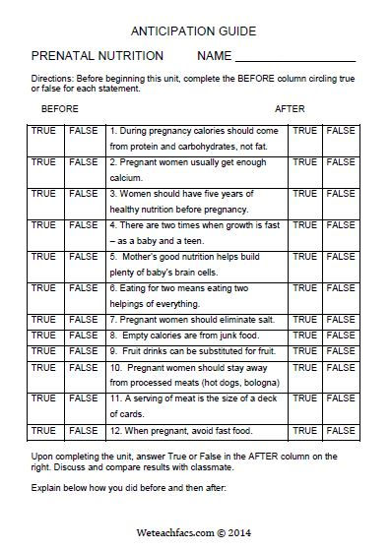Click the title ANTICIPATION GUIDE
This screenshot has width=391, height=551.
[195, 30]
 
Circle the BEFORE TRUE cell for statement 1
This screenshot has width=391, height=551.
[44, 131]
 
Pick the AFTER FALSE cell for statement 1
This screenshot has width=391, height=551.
[340, 131]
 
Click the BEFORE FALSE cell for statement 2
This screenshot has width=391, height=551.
[83, 162]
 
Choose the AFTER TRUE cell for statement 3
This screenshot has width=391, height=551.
[304, 194]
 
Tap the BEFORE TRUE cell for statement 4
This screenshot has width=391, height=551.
[44, 225]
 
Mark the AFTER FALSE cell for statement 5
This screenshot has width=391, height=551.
[340, 257]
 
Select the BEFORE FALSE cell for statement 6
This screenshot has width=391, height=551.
[83, 288]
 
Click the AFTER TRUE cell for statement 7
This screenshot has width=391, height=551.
[304, 320]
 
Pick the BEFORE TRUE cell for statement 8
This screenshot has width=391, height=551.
[44, 336]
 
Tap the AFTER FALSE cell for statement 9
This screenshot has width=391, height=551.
[340, 351]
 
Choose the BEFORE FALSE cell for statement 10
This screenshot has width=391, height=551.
[83, 367]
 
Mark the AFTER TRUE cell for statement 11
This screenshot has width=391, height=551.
[304, 398]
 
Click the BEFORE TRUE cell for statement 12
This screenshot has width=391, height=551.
[44, 430]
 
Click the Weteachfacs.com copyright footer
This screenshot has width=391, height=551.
[195, 529]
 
